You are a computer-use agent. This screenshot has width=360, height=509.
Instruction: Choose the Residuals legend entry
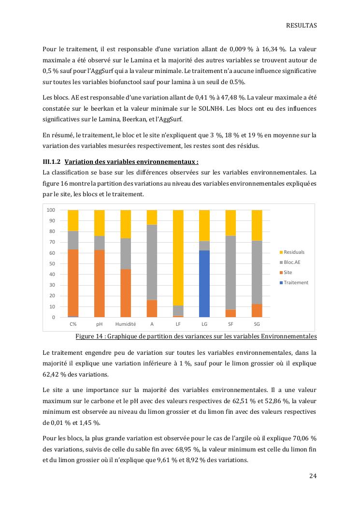293,252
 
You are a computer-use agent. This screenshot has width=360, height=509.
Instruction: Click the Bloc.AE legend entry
293,262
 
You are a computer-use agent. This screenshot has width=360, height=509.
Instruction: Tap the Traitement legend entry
295,283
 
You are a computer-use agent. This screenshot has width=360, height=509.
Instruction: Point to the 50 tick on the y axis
51,264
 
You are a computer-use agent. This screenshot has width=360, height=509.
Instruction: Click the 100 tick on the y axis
50,210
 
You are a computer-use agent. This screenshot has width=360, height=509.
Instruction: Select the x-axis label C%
73,324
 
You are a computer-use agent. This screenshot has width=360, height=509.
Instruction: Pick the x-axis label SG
257,324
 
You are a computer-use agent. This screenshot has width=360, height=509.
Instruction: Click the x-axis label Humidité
126,324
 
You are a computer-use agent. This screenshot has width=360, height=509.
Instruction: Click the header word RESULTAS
301,26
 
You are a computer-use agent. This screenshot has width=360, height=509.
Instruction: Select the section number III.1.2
51,162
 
